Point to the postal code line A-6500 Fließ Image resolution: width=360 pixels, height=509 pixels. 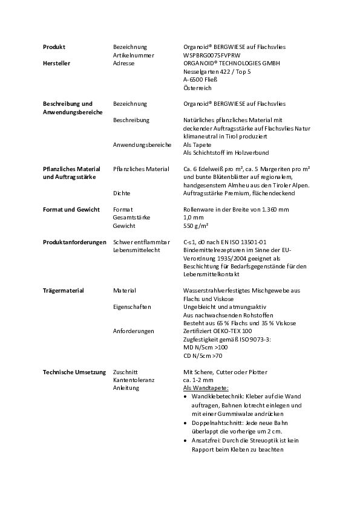click(200, 79)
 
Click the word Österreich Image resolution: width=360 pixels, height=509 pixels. click(197, 88)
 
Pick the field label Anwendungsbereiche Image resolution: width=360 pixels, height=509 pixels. click(142, 144)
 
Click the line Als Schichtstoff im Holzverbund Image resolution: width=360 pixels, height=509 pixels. click(226, 153)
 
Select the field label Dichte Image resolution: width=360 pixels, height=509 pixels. click(122, 193)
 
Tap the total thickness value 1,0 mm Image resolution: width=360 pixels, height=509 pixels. click(193, 217)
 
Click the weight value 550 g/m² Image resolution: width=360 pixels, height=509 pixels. click(196, 225)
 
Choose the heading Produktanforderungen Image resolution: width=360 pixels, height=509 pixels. click(74, 242)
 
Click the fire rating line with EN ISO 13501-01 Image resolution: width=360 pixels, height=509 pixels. click(224, 242)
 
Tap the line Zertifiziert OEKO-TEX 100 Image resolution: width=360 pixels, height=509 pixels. click(217, 331)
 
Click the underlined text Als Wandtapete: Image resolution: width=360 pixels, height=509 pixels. click(206, 389)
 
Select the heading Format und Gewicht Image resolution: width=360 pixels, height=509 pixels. click(71, 209)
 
